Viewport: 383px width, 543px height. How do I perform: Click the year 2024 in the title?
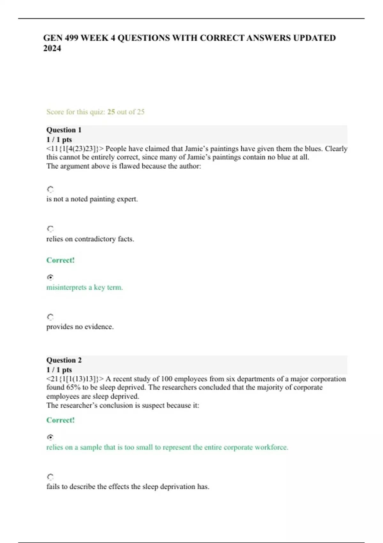coord(52,48)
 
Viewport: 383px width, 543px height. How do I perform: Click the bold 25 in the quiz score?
coord(111,112)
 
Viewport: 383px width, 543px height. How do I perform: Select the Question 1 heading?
coord(64,130)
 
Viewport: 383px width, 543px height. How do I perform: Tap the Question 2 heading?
coord(64,360)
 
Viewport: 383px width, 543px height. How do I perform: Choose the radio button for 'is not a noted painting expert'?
coord(50,189)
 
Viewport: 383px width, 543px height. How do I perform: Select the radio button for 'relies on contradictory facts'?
coord(50,229)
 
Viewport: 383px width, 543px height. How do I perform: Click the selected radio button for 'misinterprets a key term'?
coord(50,277)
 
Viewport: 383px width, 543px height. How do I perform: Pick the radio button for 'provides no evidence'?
coord(50,317)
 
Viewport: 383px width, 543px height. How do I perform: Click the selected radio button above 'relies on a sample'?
coord(50,437)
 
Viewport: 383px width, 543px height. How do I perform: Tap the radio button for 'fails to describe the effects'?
coord(50,477)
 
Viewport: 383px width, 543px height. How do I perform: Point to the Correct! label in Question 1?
coord(60,260)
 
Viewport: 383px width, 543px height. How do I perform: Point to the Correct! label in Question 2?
coord(60,420)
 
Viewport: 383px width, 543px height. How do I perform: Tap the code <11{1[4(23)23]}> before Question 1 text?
coord(75,149)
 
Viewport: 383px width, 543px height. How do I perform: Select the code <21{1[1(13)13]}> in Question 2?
coord(75,379)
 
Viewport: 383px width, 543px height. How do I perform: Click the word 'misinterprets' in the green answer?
coord(66,287)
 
